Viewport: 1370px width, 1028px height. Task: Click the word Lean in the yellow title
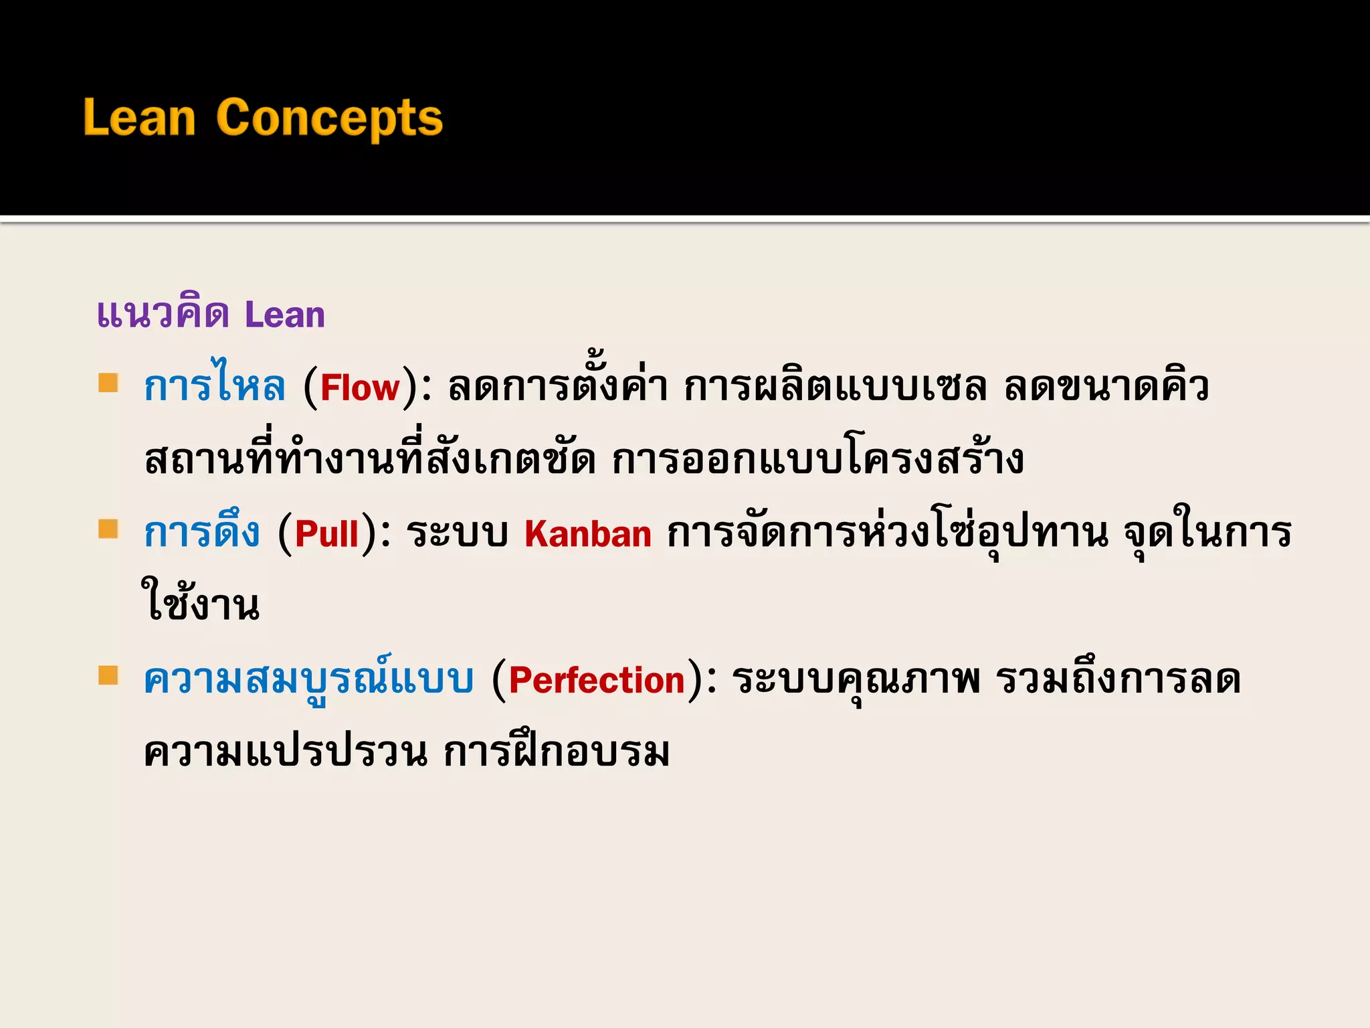[x=139, y=118]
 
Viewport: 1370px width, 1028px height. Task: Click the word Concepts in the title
[x=329, y=118]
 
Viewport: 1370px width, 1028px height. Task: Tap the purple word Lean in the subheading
[x=284, y=315]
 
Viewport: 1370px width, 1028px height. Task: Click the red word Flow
[x=360, y=388]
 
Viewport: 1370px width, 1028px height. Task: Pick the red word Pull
[x=327, y=534]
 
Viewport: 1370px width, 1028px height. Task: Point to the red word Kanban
[x=587, y=534]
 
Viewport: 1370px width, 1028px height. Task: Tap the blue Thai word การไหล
[x=215, y=387]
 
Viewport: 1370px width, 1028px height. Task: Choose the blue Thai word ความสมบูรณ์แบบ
[x=308, y=679]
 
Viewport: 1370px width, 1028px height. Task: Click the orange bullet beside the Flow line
[x=108, y=383]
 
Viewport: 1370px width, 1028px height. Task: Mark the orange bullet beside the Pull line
[x=108, y=529]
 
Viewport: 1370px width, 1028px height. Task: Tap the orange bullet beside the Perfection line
[x=108, y=675]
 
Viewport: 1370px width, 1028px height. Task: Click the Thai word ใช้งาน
[x=201, y=602]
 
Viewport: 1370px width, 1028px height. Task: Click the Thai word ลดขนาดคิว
[x=1106, y=387]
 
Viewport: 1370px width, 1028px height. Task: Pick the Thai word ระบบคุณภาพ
[x=856, y=680]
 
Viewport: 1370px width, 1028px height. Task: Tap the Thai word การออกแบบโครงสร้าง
[x=817, y=460]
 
